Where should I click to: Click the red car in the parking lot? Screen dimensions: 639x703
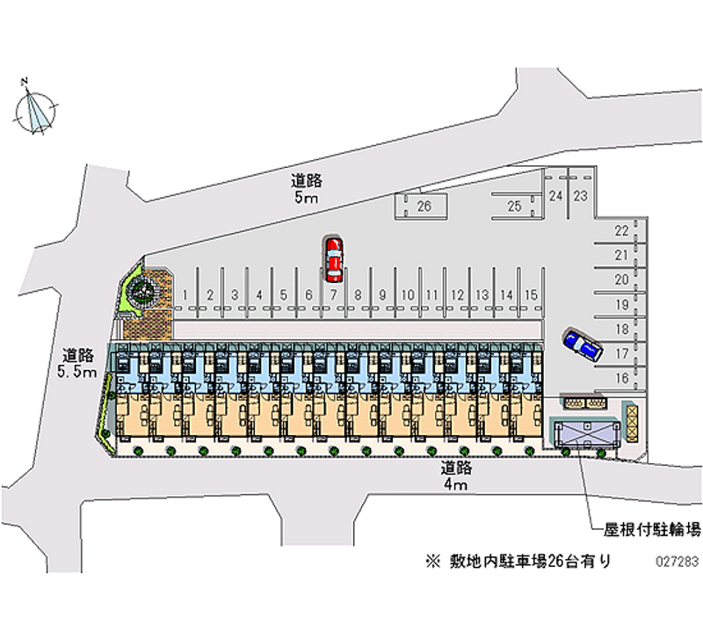(x=333, y=258)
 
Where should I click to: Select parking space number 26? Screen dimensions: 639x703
(x=424, y=207)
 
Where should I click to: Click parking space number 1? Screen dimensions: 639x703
(x=186, y=295)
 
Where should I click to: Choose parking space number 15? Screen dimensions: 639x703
(x=530, y=295)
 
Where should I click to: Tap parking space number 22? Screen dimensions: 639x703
(x=620, y=231)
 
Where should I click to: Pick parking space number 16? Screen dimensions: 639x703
(x=620, y=379)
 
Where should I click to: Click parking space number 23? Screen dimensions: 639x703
(x=581, y=196)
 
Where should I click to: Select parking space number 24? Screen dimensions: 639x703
(x=555, y=196)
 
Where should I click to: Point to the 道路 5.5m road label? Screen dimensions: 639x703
(x=78, y=364)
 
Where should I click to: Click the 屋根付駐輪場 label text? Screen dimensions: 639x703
(x=652, y=529)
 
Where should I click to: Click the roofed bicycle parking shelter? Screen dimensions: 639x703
(x=583, y=432)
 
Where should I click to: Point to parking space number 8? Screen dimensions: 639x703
(x=359, y=295)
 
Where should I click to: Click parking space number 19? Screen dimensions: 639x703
(x=620, y=305)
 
